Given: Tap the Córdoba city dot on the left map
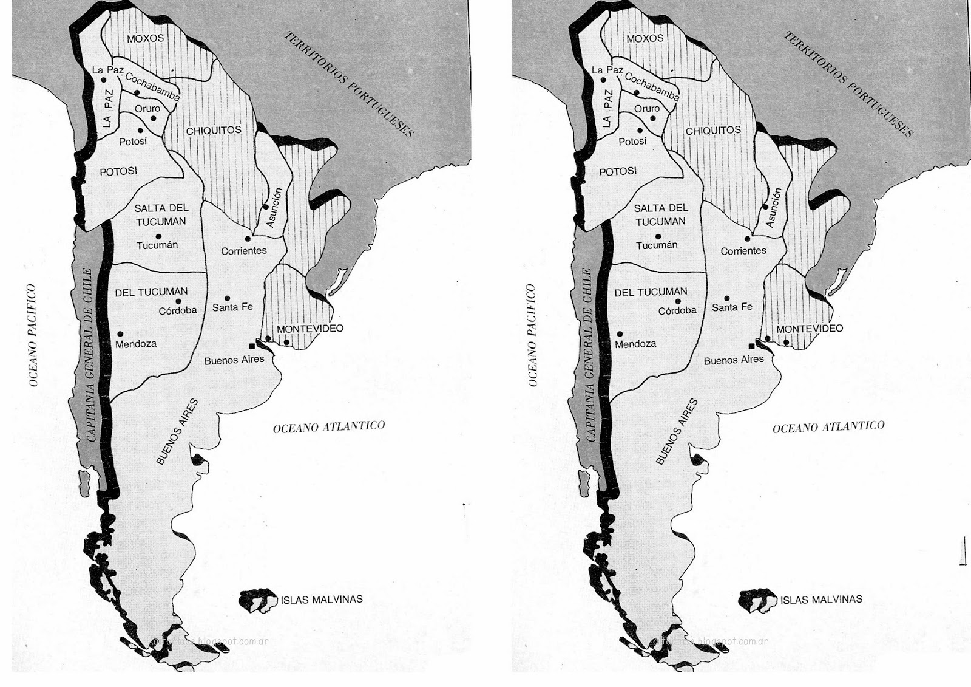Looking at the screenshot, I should coord(178,301).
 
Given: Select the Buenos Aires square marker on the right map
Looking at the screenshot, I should coord(752,345).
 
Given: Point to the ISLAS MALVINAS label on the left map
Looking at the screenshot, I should coord(322,600).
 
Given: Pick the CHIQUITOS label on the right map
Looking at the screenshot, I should coord(713,131).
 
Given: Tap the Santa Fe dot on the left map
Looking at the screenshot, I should coord(227,298).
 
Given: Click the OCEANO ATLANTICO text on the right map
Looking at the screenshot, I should coord(828,427).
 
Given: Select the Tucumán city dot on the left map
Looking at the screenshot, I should coord(158,236).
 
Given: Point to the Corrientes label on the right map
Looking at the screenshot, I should coord(743,250).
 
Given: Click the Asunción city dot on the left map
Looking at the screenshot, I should coord(265,207).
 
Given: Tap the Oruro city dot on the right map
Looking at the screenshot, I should coord(653,118).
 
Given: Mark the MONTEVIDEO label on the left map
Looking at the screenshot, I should coord(310,329).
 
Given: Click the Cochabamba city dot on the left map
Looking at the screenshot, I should coord(138,92).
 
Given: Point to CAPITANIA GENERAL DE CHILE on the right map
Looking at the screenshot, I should coord(590,354).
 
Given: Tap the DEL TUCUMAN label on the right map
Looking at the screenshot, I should coord(651,292).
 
